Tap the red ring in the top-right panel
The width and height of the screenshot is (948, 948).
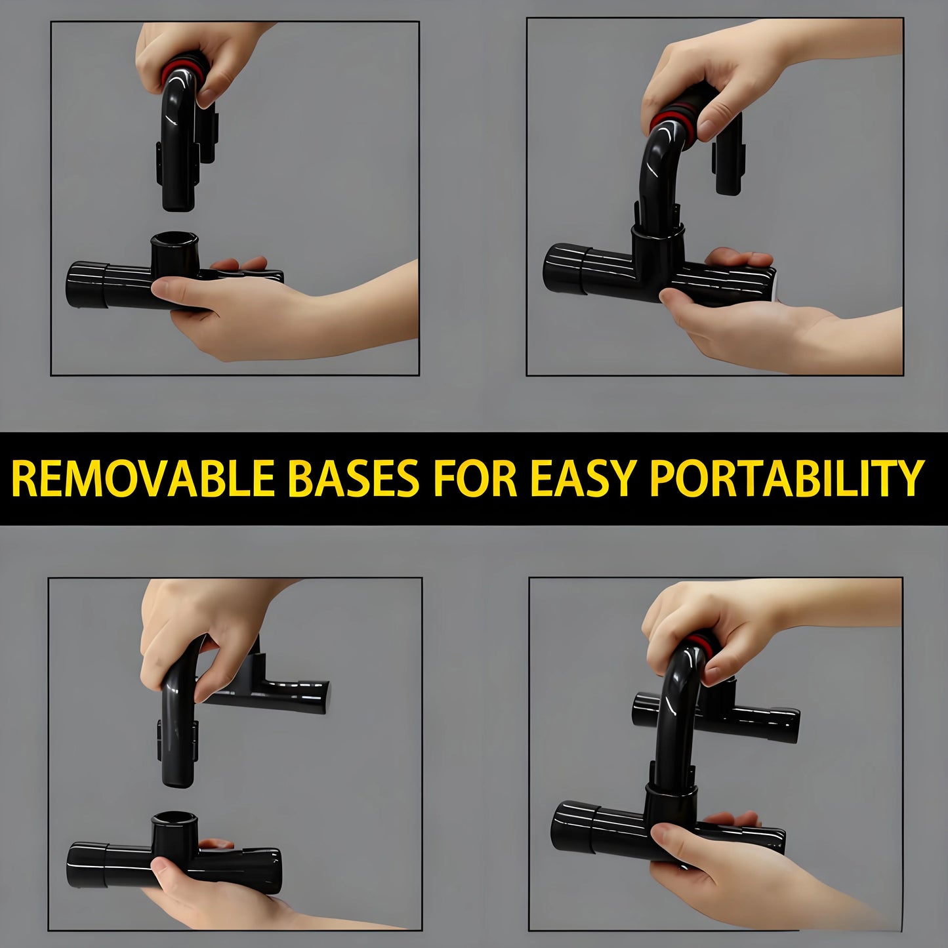coord(668,118)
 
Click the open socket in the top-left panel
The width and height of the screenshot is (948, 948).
coord(175,239)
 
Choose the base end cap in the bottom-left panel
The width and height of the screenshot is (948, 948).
coord(86,865)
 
